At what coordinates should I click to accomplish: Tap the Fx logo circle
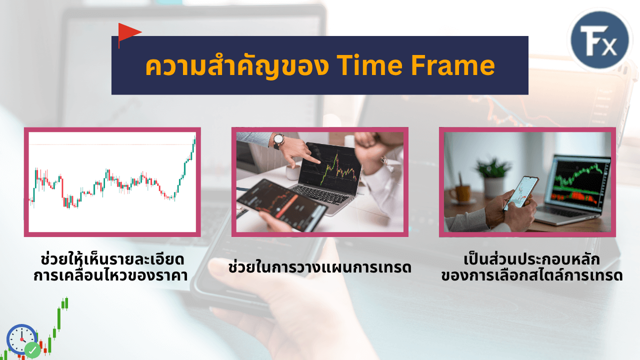(599, 40)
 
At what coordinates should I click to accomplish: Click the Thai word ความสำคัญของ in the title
(237, 66)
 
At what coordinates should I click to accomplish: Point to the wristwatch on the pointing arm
(278, 141)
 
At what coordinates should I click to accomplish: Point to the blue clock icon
(21, 339)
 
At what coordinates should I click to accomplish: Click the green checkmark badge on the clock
(32, 349)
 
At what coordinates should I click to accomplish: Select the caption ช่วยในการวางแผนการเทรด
(319, 267)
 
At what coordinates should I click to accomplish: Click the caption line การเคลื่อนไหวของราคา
(110, 275)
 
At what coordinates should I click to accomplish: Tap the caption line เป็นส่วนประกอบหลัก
(531, 259)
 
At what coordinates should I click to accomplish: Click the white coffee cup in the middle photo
(292, 172)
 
